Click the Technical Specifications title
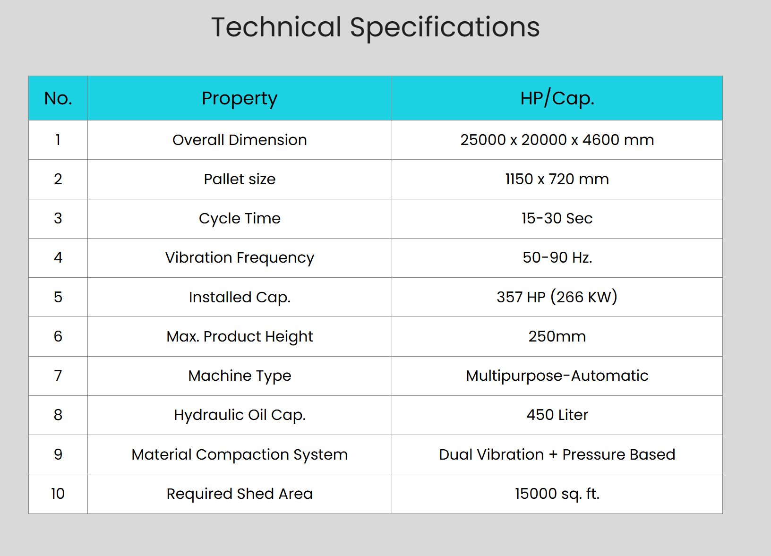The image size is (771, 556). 375,27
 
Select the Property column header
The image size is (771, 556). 240,99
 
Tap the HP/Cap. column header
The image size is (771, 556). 557,98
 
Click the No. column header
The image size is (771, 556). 58,98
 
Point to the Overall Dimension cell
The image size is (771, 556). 240,140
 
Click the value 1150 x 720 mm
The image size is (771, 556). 557,179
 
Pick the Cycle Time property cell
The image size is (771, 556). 240,219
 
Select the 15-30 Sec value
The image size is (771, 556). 557,218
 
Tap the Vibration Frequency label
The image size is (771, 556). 240,258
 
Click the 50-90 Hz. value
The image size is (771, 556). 557,257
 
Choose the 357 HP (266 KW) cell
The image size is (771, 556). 557,297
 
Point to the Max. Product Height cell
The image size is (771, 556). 240,337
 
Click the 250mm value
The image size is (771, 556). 557,336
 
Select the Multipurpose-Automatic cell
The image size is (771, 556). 557,376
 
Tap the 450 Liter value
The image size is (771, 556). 557,415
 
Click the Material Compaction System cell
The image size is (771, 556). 240,455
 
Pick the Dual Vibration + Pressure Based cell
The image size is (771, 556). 557,454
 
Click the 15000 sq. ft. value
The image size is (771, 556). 557,494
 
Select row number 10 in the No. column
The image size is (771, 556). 58,494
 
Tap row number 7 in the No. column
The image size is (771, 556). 58,376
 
